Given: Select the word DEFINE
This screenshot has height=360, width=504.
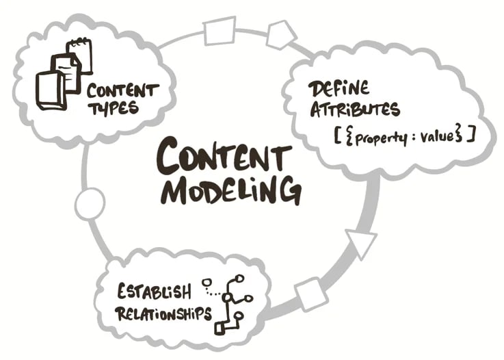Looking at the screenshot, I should click(339, 90).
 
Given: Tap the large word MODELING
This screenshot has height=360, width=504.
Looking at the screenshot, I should click(230, 189).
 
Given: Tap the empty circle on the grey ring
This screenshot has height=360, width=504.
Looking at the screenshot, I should click(90, 204).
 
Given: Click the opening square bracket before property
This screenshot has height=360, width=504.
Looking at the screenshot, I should click(337, 136).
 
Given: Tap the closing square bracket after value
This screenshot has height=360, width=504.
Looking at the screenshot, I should click(470, 135).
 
